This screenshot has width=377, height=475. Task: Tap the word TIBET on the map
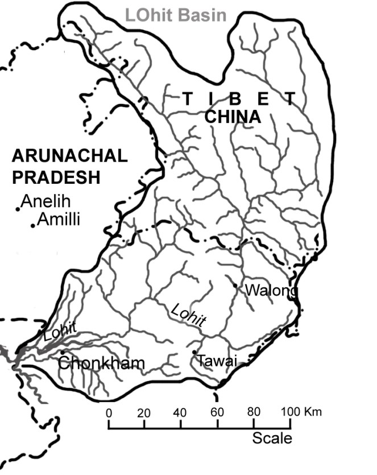(x=239, y=98)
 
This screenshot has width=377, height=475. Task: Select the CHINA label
(x=232, y=118)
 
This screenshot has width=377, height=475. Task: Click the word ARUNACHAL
(x=69, y=156)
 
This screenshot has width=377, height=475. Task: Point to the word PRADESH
(x=56, y=177)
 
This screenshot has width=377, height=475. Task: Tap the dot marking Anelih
(x=18, y=209)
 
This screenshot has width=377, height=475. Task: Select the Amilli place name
(x=59, y=219)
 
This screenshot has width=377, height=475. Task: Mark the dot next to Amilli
(x=33, y=226)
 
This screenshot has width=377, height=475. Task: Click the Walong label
(x=271, y=291)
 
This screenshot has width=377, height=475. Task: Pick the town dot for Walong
(x=235, y=285)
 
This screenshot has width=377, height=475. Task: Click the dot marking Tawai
(x=194, y=352)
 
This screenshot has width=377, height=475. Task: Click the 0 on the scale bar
(x=108, y=412)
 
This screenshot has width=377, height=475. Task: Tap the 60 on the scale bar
(x=217, y=412)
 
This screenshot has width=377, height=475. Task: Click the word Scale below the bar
(x=272, y=438)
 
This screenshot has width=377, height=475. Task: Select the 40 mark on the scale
(x=181, y=412)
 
